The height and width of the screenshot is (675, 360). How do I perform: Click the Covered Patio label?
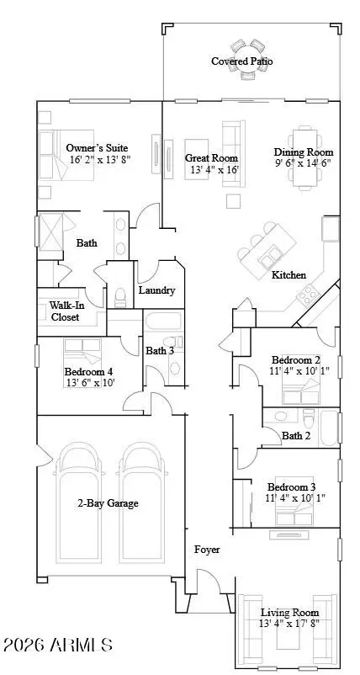click(x=242, y=61)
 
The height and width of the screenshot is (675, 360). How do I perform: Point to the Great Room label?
click(x=211, y=157)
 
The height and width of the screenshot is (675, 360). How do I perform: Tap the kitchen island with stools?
click(x=269, y=252)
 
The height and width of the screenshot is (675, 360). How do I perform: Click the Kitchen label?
click(x=289, y=275)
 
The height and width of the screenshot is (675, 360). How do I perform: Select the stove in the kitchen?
click(x=310, y=294)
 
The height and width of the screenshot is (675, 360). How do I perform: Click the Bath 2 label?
click(x=297, y=435)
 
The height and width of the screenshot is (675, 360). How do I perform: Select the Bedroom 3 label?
click(x=292, y=487)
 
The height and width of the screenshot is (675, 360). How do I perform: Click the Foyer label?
click(x=207, y=550)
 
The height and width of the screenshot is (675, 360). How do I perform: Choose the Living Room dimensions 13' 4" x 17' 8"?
click(x=289, y=624)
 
